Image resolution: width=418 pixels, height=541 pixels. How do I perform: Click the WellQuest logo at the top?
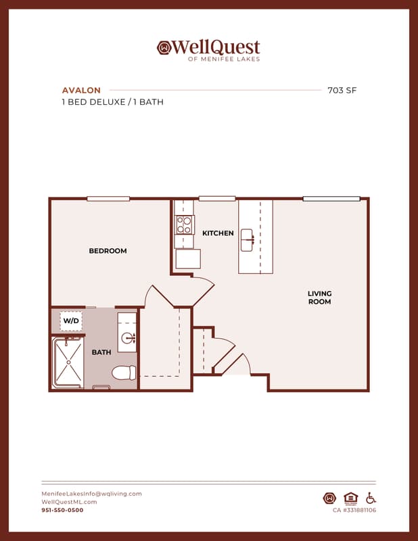208,50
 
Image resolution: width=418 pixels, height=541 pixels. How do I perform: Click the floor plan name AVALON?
81,91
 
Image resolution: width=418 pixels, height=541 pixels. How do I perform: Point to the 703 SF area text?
342,91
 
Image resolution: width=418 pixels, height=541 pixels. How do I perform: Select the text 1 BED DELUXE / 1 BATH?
112,102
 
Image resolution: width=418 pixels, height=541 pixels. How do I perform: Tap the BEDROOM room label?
108,251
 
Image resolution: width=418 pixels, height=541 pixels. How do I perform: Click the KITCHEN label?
218,233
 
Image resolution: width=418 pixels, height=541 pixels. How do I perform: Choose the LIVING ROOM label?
320,298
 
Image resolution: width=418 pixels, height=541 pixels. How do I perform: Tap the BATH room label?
101,352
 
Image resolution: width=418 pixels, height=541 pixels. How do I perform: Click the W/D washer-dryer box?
71,321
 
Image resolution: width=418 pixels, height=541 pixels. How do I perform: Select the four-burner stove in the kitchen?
185,225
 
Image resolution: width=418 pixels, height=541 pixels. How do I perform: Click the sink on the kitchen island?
247,240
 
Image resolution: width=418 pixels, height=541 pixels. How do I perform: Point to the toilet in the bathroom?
124,373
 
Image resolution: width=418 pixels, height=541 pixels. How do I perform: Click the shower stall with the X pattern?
68,362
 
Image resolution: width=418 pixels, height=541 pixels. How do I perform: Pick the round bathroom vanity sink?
129,337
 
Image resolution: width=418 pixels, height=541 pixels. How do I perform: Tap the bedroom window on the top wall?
108,199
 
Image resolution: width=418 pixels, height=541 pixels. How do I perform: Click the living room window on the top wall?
331,199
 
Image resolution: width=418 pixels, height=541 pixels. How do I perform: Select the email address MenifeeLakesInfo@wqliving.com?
91,494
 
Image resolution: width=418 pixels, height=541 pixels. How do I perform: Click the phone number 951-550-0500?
62,510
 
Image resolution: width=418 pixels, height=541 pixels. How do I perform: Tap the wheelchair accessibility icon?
371,498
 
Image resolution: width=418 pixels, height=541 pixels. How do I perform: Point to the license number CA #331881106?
354,510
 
